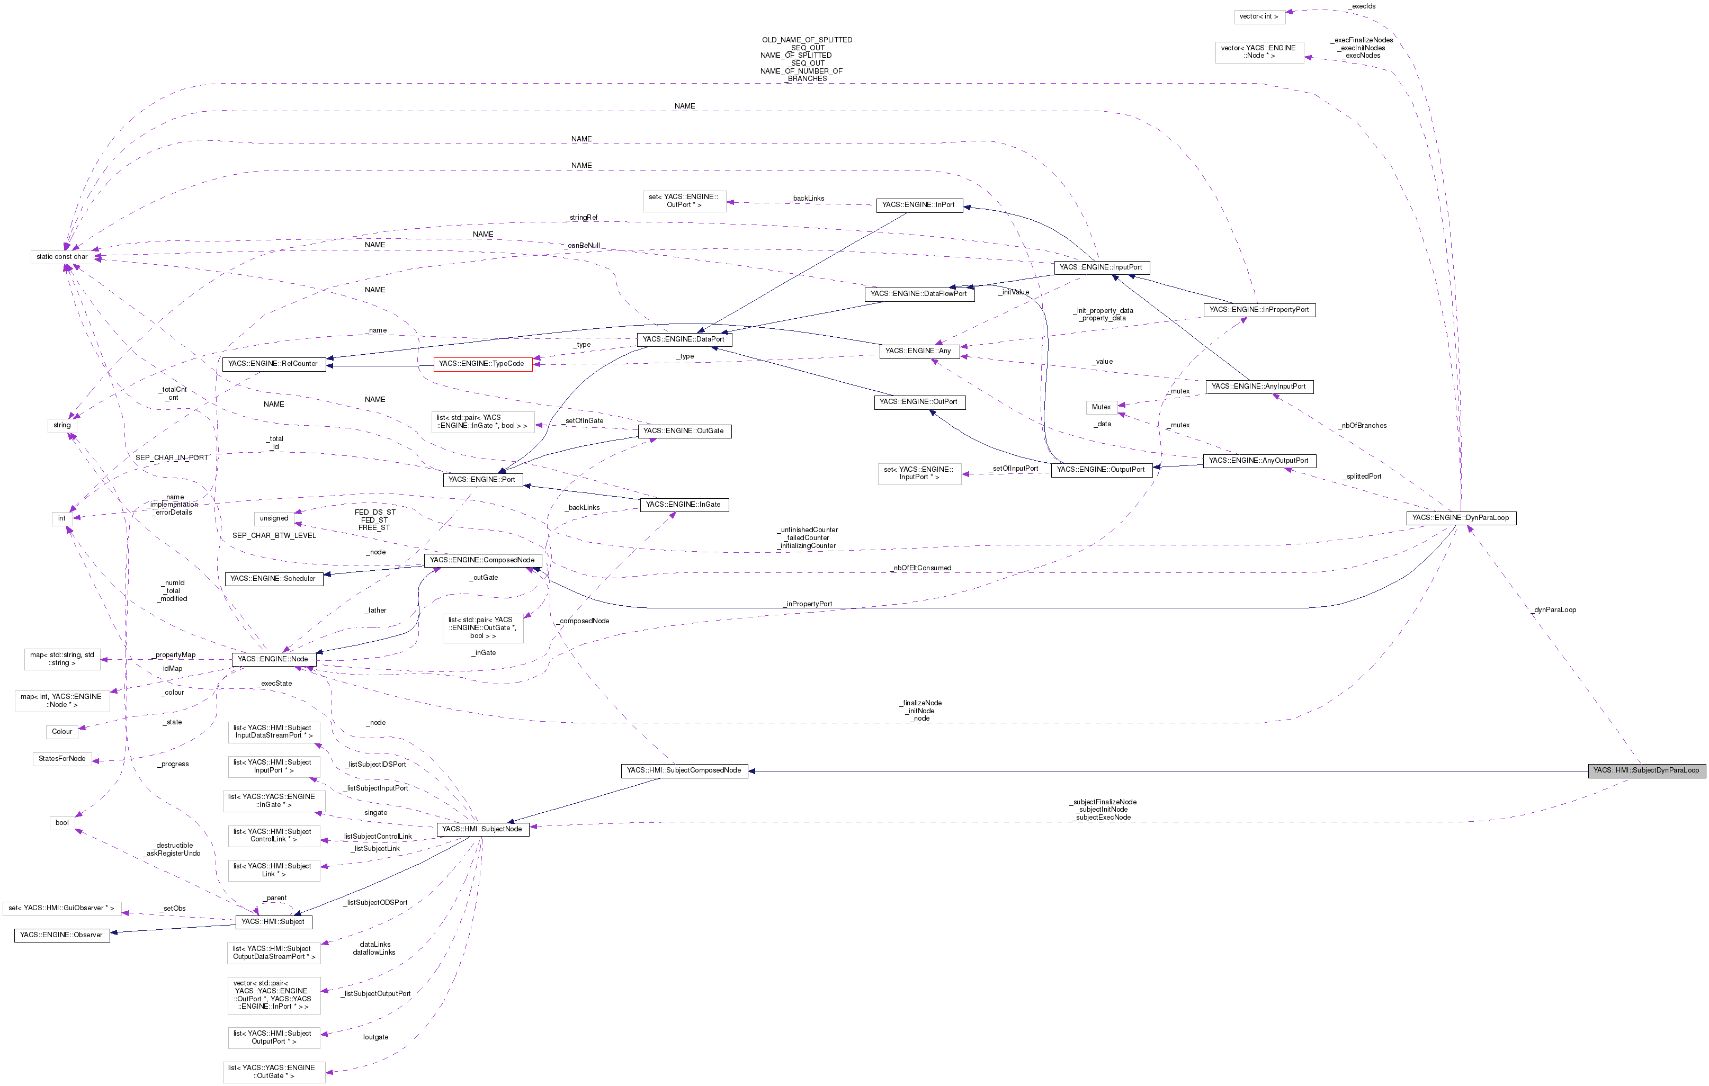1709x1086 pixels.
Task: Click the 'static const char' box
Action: coord(62,257)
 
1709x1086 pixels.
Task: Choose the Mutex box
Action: coord(1101,407)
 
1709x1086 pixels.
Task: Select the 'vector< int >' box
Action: coord(1259,16)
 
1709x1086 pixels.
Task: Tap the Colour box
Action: coord(62,732)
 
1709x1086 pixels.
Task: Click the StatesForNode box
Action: coord(62,759)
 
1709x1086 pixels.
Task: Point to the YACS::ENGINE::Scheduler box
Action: coord(273,579)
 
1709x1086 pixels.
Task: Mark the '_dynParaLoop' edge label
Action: coord(1554,611)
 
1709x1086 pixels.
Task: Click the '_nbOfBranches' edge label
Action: coord(1362,426)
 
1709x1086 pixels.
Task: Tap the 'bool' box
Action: coord(62,823)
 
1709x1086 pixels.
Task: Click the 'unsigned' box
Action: coord(274,519)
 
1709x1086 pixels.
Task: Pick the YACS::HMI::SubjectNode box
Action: coord(482,830)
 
